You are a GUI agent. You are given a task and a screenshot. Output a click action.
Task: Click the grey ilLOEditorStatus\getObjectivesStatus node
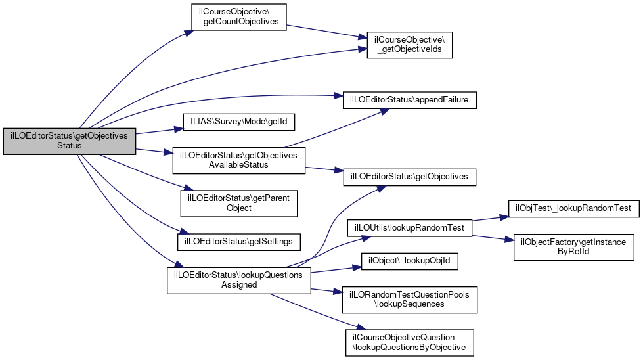tap(70, 141)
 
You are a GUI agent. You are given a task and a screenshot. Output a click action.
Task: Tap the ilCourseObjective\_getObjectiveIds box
tap(410, 45)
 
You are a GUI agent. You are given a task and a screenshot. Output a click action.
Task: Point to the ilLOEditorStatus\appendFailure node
tap(410, 100)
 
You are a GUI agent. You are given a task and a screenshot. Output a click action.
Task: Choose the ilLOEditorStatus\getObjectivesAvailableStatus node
tap(238, 160)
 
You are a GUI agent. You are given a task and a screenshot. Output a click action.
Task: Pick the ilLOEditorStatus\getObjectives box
tap(410, 177)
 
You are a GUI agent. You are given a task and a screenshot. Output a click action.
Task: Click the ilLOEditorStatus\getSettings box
tap(239, 241)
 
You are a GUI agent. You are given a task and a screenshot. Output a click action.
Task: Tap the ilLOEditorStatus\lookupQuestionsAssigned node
tap(238, 280)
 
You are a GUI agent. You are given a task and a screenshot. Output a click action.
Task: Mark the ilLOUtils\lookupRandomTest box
tap(410, 227)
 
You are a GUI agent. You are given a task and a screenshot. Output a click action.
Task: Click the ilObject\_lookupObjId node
tap(410, 261)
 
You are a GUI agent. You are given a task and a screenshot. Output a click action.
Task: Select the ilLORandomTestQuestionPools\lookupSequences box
tap(410, 300)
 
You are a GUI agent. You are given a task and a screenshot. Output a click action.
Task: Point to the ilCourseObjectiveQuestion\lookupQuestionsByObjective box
tap(410, 342)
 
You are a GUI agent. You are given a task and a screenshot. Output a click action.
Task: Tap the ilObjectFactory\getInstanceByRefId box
tap(574, 246)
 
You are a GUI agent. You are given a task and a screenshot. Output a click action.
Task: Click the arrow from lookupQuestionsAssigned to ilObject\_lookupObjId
tap(335, 269)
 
